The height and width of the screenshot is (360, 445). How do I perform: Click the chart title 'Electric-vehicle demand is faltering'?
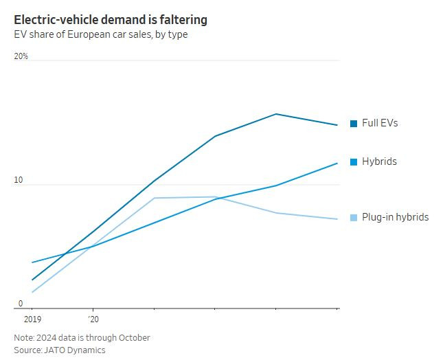111,20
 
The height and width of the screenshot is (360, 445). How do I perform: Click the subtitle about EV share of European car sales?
100,35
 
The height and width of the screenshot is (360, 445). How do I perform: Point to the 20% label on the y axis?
21,56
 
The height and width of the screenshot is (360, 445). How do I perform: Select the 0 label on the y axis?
20,304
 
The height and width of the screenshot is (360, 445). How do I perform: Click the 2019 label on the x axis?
32,319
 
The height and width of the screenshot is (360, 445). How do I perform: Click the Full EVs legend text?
380,123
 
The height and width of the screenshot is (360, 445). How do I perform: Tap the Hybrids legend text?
379,161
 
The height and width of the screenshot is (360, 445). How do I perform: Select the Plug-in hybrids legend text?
395,217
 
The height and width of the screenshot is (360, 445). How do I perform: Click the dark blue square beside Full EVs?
354,124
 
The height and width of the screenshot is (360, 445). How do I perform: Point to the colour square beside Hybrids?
354,162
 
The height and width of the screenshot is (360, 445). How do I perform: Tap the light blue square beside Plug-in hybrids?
354,218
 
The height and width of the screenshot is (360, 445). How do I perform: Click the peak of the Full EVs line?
276,114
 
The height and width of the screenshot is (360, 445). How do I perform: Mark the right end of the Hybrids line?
337,163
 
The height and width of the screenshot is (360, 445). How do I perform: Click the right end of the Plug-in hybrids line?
337,219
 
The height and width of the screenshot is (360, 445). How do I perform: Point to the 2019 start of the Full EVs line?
32,280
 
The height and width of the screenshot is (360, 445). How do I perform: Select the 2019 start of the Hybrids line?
32,262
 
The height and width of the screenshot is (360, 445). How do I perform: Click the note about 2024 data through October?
82,337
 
